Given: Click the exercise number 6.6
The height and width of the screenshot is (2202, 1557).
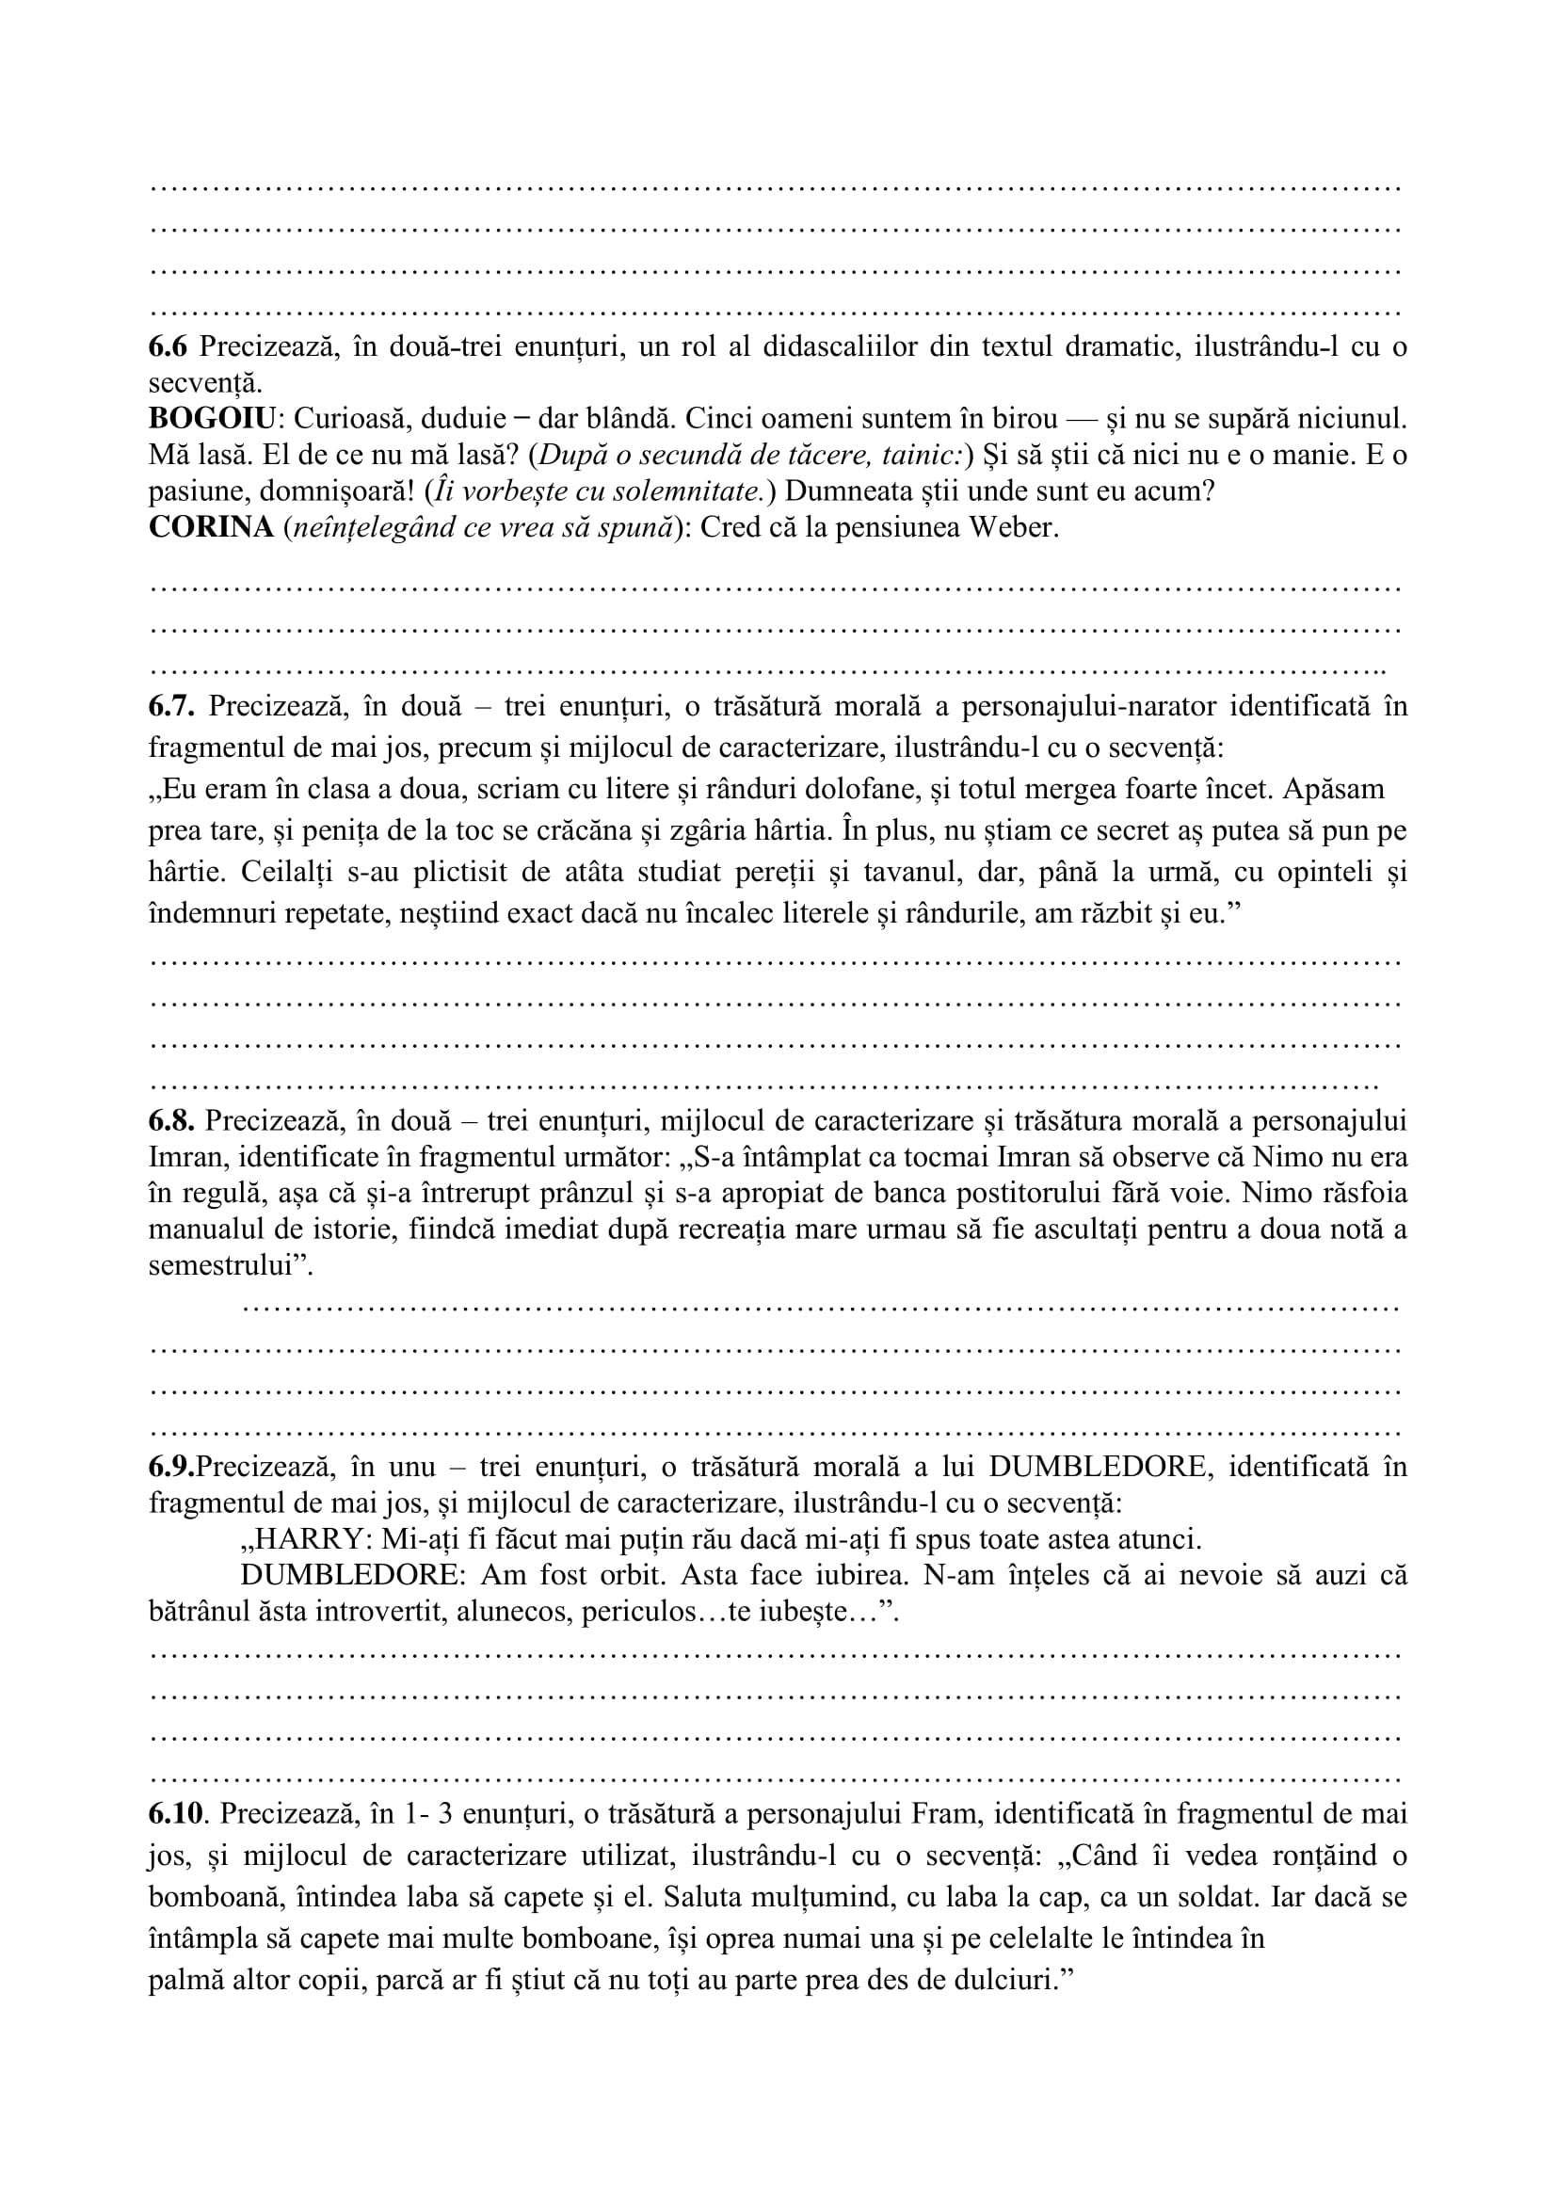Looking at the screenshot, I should [169, 346].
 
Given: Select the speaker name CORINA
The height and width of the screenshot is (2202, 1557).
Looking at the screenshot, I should [211, 528].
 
